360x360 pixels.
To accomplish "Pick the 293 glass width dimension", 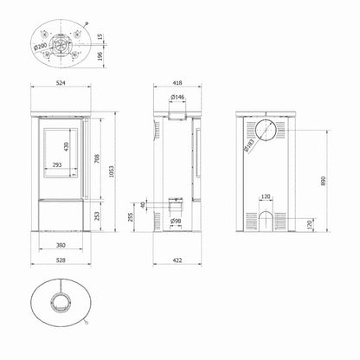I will click(x=57, y=164).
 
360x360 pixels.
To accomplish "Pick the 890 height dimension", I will click(x=323, y=173).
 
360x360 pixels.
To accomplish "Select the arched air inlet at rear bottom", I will click(x=266, y=220).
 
